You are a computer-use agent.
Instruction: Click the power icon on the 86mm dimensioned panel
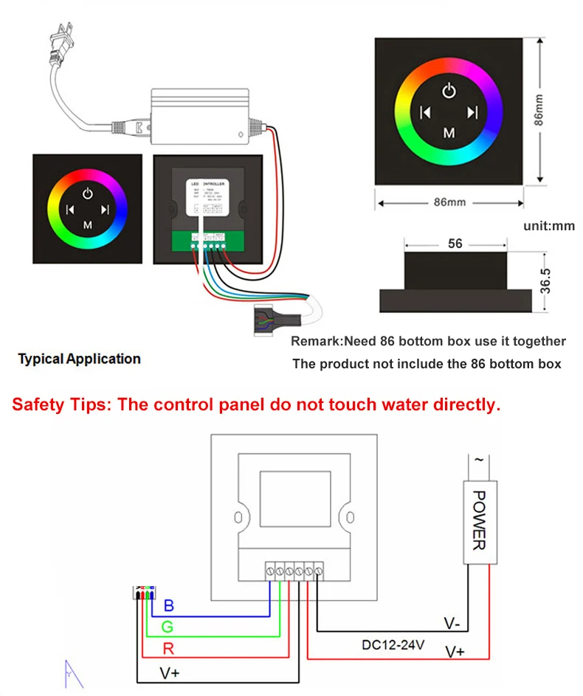[x=449, y=91]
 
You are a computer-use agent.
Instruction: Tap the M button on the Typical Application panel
[x=87, y=223]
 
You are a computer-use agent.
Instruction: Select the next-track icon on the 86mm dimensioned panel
[x=473, y=113]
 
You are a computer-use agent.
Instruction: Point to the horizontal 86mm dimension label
[x=449, y=201]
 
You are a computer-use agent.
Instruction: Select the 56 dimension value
[x=455, y=243]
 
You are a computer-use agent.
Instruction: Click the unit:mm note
[x=549, y=226]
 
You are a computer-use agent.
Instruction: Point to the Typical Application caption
[x=80, y=359]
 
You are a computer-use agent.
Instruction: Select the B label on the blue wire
[x=168, y=607]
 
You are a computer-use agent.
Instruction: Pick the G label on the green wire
[x=168, y=628]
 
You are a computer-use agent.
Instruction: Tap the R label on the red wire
[x=168, y=650]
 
